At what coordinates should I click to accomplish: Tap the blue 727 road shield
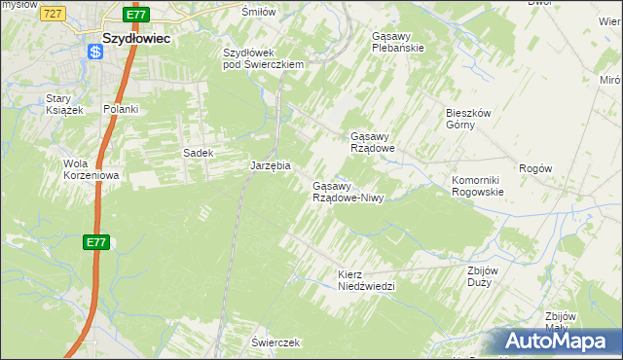click(55, 13)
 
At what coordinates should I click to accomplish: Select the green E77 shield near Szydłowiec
click(136, 15)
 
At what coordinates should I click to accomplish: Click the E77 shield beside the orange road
click(94, 242)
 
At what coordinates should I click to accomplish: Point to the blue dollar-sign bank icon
click(94, 54)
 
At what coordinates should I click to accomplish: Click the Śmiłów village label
click(258, 12)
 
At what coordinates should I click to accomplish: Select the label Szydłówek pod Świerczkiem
click(264, 58)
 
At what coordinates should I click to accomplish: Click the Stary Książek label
click(65, 104)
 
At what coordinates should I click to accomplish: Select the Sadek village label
click(198, 153)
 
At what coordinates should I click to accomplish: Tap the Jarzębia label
click(271, 166)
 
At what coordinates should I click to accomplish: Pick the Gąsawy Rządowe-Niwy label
click(348, 192)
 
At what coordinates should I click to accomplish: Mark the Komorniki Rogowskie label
click(477, 186)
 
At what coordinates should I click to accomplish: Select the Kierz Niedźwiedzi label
click(365, 280)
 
